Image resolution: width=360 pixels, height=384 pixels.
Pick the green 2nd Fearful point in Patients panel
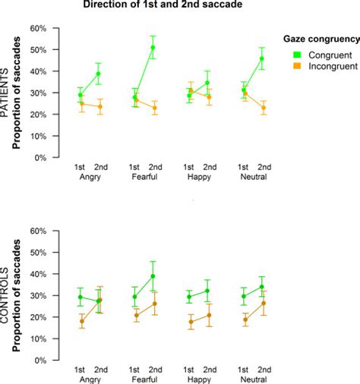tap(153, 48)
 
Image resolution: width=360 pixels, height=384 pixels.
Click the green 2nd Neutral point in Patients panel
tap(262, 58)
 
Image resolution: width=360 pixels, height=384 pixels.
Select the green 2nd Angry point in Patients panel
tap(99, 74)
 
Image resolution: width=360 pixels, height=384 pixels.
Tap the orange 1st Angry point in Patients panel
tap(81, 104)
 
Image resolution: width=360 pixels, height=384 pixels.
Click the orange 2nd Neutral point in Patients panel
tap(262, 108)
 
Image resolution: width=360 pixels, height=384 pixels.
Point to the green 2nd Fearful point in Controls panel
tap(153, 276)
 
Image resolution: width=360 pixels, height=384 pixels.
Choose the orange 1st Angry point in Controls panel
tap(81, 321)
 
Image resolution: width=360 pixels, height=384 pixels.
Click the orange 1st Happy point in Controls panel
tap(190, 322)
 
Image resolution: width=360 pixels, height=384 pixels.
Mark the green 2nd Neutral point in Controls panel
tap(262, 287)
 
